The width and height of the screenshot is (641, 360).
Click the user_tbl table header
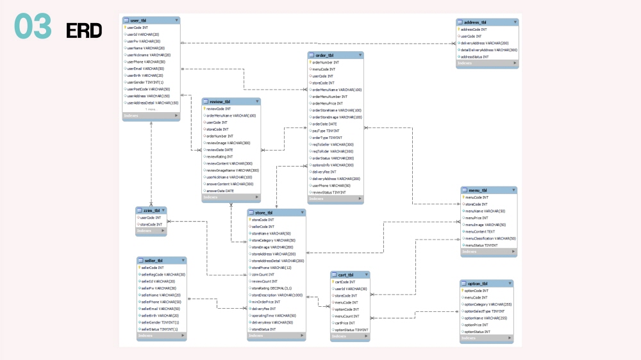point(151,20)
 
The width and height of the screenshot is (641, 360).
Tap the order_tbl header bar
point(335,55)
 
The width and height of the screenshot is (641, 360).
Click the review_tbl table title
point(231,101)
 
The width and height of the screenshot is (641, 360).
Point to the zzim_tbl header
point(151,210)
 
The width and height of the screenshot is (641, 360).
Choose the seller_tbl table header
point(161,260)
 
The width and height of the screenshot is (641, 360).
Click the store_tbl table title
point(276,212)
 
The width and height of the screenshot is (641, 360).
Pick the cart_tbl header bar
point(350,274)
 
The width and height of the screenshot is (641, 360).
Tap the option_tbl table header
point(487,283)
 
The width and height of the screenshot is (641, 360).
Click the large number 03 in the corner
point(33,28)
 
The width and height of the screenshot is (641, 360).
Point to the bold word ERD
point(83,30)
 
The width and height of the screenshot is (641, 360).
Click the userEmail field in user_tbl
point(145,69)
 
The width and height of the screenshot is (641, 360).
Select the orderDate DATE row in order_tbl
point(324,124)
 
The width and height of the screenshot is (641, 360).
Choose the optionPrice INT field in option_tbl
point(478,325)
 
